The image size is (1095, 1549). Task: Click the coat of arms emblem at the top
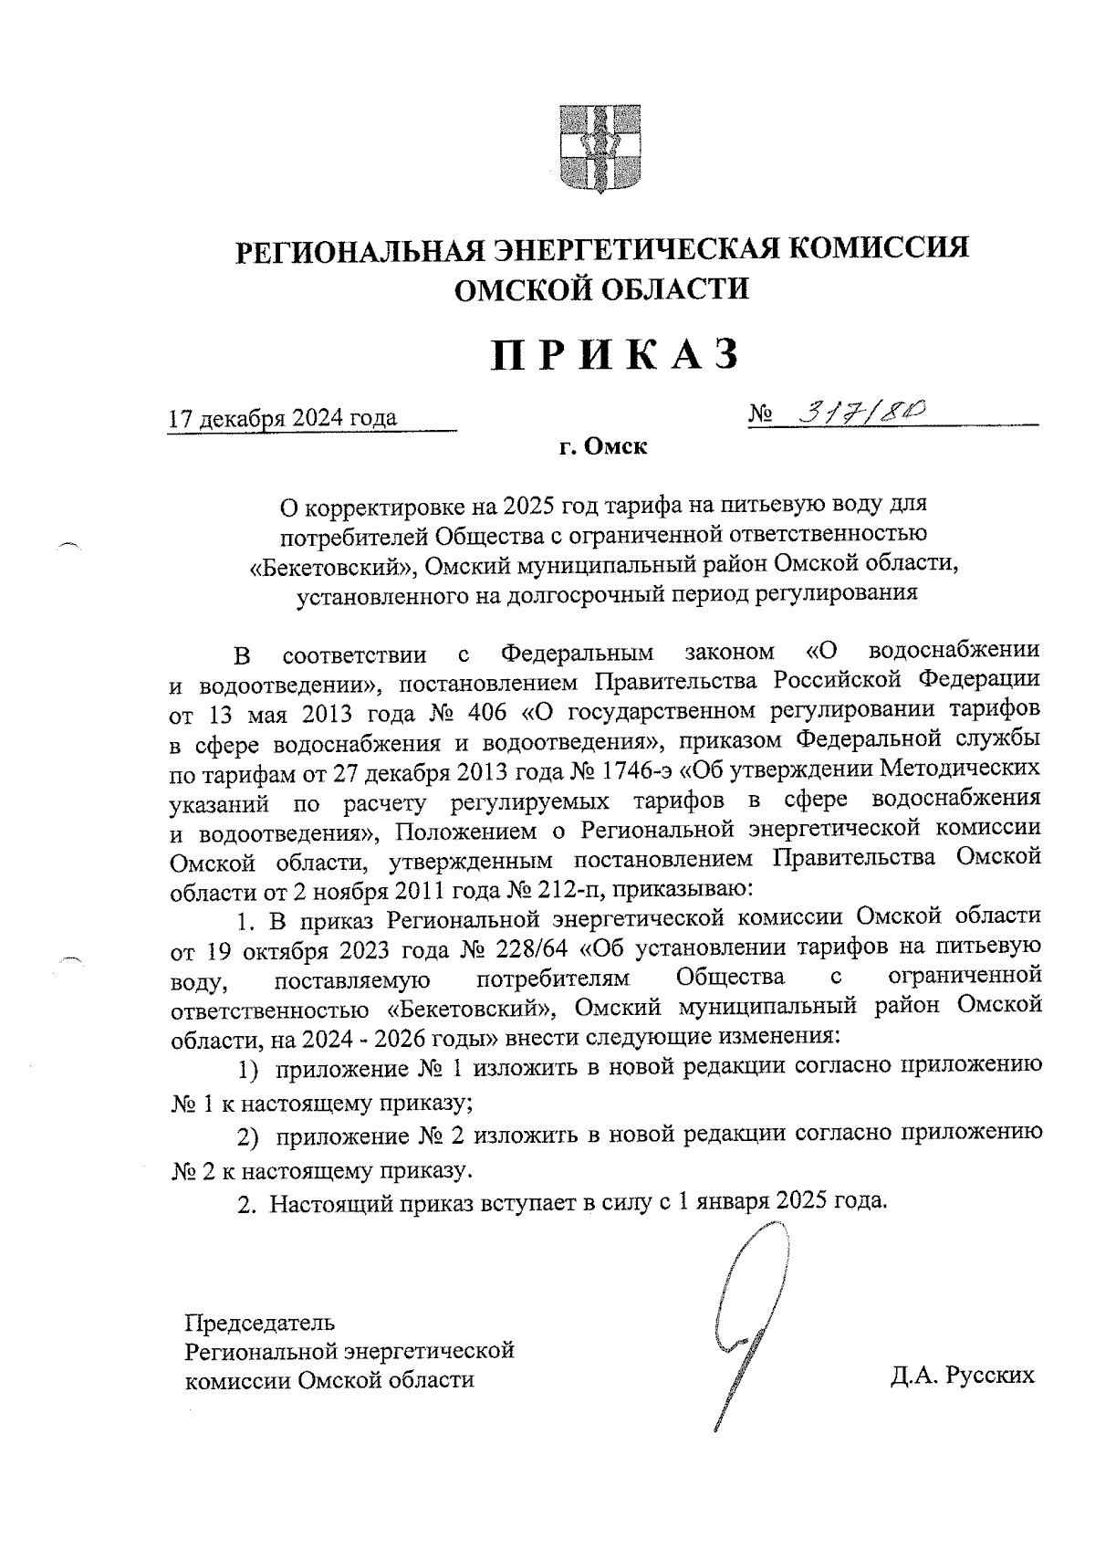click(x=599, y=150)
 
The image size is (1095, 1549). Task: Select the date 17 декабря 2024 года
click(x=284, y=418)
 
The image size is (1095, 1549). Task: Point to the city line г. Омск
click(x=603, y=448)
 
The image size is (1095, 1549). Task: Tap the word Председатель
click(x=260, y=1322)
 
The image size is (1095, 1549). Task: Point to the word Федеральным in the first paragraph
click(x=579, y=654)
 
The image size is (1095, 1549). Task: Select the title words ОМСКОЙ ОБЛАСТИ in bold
click(x=601, y=289)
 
